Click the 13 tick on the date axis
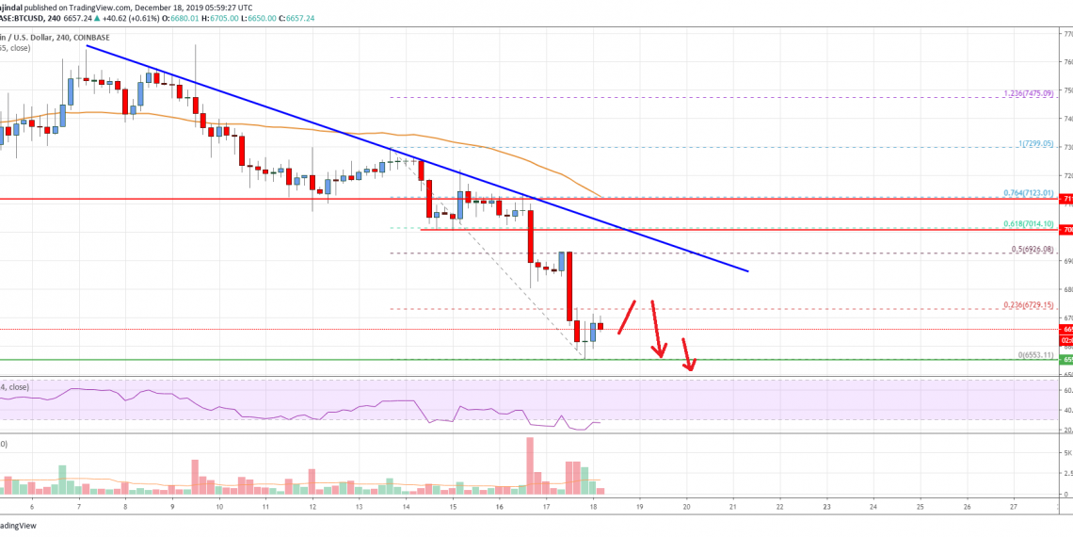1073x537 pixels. pyautogui.click(x=359, y=506)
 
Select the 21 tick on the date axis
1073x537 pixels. pyautogui.click(x=733, y=506)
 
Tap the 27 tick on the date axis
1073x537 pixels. pyautogui.click(x=1013, y=506)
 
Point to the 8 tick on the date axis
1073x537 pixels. pyautogui.click(x=125, y=506)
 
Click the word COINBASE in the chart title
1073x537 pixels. pyautogui.click(x=85, y=38)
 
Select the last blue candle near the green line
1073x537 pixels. pyautogui.click(x=594, y=331)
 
